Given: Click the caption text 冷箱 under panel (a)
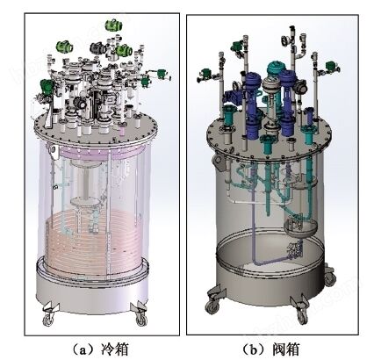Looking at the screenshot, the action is [115, 349].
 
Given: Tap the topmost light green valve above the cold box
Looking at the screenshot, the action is [114, 25].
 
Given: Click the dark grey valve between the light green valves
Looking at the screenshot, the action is [98, 48].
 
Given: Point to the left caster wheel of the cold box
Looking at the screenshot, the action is [48, 319].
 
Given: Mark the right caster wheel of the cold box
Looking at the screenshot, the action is [141, 319].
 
